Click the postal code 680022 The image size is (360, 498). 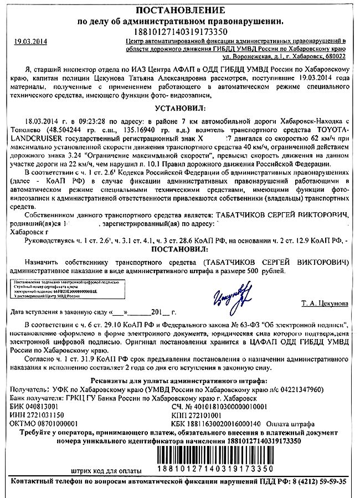coord(335,57)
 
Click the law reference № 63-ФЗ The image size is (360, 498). coord(229,322)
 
